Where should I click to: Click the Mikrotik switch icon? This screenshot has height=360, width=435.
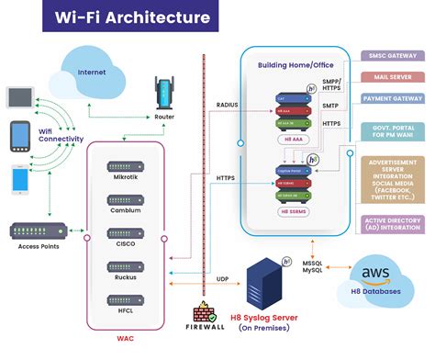coord(126,167)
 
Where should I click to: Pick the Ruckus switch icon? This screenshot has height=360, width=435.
coord(126,266)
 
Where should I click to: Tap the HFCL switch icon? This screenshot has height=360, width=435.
coord(126,299)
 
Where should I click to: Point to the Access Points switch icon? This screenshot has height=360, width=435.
coord(36,231)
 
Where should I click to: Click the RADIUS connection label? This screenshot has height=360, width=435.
coord(227,105)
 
